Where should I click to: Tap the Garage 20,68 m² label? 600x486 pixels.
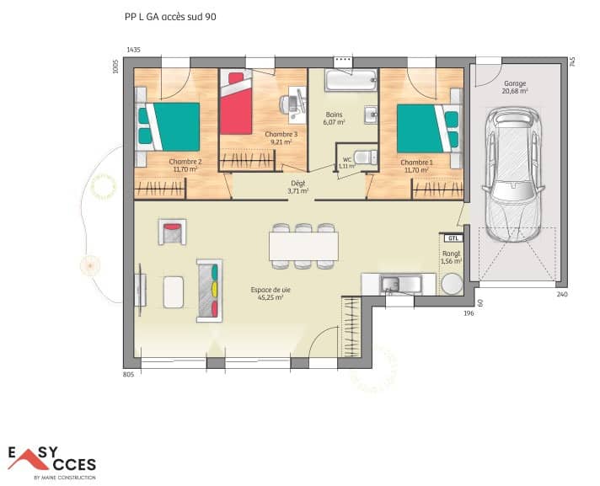[x=515, y=88]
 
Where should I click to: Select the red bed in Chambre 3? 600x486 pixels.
[x=237, y=104]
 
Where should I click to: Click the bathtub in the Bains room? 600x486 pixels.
[x=351, y=83]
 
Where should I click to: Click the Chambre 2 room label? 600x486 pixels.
[x=185, y=165]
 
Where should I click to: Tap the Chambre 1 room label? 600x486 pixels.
[x=416, y=165]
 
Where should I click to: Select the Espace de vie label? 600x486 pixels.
[x=266, y=293]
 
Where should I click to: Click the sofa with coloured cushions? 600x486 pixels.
[x=211, y=289]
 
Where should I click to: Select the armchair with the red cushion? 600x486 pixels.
[x=172, y=231]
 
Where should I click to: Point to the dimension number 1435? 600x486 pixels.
[x=133, y=51]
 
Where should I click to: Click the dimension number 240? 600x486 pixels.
[x=561, y=295]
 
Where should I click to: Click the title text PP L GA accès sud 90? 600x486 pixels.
[x=174, y=16]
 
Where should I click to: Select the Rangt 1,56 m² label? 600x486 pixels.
[x=452, y=257]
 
